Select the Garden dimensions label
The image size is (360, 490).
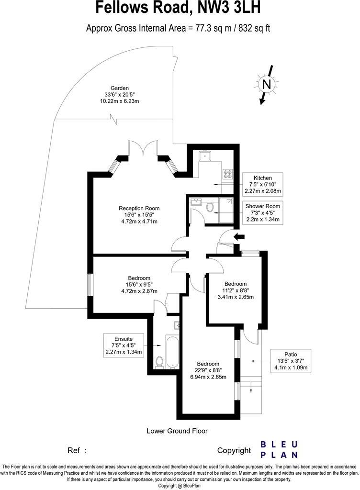[119, 95]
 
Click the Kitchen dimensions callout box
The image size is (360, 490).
[263, 184]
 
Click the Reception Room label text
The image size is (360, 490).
[139, 215]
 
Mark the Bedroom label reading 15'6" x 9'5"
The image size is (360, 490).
[139, 285]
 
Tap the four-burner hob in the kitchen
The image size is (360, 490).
[228, 174]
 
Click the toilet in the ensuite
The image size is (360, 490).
[159, 362]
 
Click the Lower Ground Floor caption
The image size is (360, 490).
[177, 431]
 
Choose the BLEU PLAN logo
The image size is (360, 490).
[279, 450]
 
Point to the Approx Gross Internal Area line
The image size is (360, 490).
[178, 28]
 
